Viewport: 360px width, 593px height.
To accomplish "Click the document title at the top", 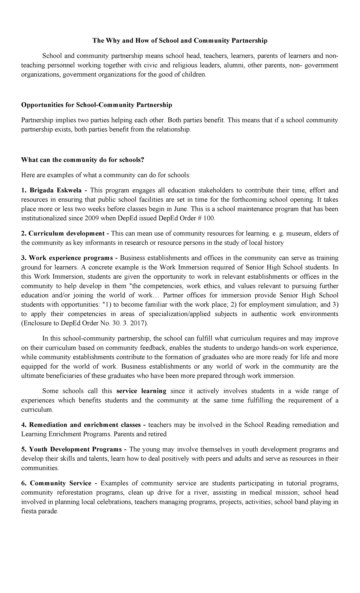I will (x=180, y=41).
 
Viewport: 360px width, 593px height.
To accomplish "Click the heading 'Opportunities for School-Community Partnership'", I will (x=97, y=105).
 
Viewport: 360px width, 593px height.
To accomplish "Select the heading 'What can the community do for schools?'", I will (x=83, y=160).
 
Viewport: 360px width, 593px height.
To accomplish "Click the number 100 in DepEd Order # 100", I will (x=209, y=218).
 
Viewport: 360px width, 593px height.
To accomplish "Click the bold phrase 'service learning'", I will (x=141, y=391).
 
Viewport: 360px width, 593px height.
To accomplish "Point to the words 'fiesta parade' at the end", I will (x=39, y=511).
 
